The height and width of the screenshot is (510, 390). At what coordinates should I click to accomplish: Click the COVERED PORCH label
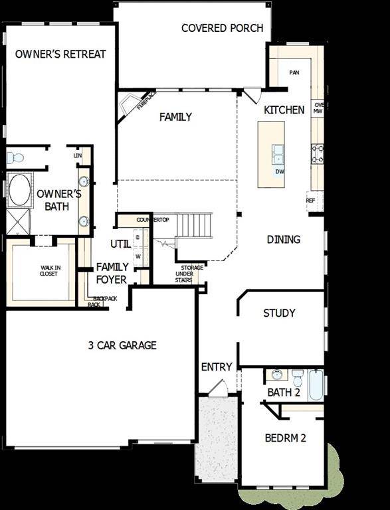point(222,28)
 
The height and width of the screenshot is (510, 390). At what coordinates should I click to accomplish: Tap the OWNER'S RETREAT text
point(60,54)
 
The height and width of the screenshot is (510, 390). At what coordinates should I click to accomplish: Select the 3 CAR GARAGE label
point(122,345)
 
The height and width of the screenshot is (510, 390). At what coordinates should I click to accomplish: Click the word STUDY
point(279,313)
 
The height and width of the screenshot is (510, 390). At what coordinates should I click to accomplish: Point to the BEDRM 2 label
point(285,438)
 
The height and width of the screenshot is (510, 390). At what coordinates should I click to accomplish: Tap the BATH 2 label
point(284,392)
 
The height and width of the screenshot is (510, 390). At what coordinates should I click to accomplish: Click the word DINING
point(284,239)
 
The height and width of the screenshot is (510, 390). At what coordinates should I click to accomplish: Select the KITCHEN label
point(284,110)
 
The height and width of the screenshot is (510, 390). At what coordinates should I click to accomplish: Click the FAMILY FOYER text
point(112,273)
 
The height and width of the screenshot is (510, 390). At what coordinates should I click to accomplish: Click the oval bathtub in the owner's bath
point(20,189)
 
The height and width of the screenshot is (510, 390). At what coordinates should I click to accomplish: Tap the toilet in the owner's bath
point(15,158)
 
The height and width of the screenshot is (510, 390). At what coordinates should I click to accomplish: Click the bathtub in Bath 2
point(316,385)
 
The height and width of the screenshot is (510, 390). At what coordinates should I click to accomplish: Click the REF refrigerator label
point(310,200)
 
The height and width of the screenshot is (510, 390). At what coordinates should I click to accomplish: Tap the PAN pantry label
point(294,72)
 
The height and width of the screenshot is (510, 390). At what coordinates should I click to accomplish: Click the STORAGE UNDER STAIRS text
point(187,274)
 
